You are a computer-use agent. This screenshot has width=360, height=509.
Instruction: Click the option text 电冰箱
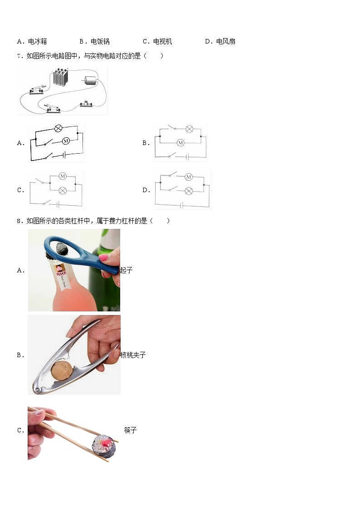coord(37,42)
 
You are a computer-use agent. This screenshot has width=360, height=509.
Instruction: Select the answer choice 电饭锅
coord(100,42)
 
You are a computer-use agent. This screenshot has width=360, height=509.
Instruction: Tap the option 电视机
coord(163,42)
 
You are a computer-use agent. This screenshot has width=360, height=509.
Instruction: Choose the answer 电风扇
coord(226,42)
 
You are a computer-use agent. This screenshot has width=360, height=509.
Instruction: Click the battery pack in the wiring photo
coord(60,77)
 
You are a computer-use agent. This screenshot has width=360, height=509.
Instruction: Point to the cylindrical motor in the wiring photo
coord(91,80)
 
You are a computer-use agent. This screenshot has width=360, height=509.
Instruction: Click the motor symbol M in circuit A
coord(66,141)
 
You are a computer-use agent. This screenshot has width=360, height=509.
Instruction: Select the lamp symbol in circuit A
coord(58,129)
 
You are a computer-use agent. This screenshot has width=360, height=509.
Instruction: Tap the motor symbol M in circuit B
coord(180,142)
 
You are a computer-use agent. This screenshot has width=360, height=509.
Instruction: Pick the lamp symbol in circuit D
coord(189,191)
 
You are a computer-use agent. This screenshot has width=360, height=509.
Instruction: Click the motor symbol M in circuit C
coord(63,176)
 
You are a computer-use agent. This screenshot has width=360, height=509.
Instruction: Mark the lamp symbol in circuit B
coord(189,129)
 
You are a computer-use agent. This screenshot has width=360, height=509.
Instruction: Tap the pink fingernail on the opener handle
coord(103,258)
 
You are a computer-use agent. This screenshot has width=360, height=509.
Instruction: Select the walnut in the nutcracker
coord(62,370)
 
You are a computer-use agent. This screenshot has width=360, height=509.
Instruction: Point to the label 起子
coord(126,270)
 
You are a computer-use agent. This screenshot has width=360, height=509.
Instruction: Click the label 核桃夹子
coord(133,355)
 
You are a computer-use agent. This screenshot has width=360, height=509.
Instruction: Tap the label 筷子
coord(131,431)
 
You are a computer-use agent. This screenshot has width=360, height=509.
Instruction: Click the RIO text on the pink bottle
coord(61,274)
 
